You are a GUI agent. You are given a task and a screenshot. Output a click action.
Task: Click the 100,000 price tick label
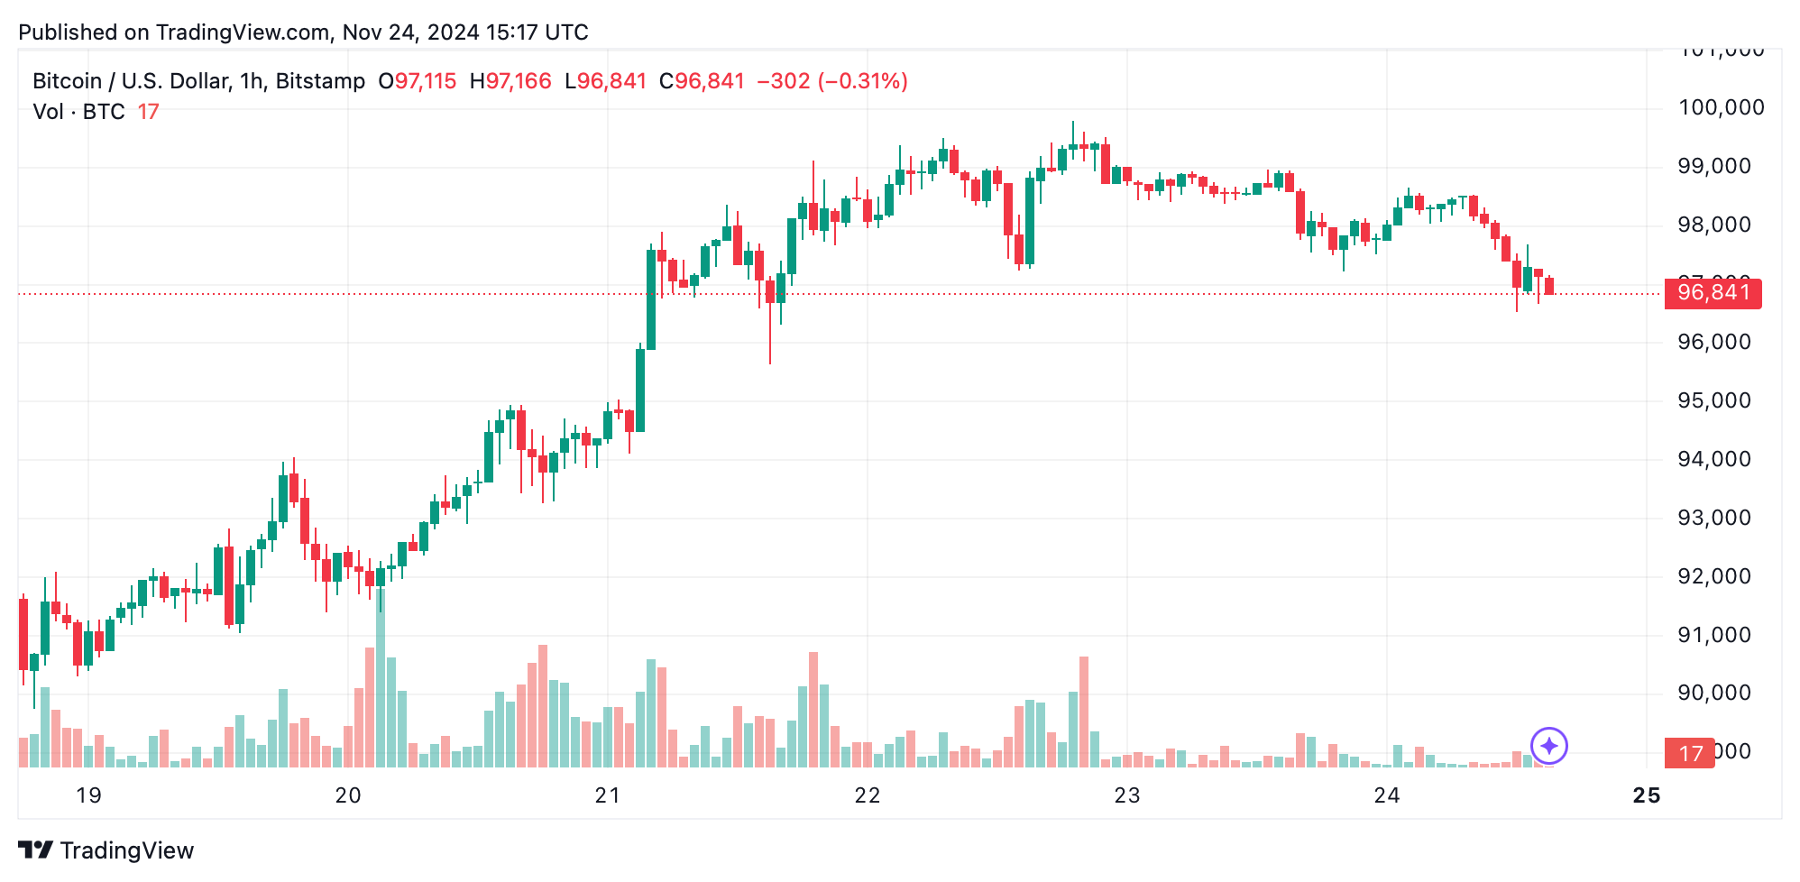[1721, 108]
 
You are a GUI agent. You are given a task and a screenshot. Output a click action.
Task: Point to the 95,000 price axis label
[1713, 401]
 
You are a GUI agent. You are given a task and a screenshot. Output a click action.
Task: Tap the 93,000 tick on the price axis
[1713, 519]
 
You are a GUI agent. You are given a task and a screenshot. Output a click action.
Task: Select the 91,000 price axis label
[1713, 636]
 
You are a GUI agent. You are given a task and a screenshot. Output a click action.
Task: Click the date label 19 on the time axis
[88, 795]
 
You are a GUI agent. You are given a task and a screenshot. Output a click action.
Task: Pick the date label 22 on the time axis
[867, 795]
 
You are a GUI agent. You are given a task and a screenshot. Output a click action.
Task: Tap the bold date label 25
[1646, 795]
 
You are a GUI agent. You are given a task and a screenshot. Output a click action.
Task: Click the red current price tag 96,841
[1713, 293]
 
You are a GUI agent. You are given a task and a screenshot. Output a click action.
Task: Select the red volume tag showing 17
[1690, 753]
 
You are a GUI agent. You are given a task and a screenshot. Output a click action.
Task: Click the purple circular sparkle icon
[1549, 746]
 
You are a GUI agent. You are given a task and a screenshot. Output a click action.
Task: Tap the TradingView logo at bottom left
[106, 850]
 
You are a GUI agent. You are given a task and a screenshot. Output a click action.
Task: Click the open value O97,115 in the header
[418, 81]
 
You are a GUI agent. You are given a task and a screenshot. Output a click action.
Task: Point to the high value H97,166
[510, 81]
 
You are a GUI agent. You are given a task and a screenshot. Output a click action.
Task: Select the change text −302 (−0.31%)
[831, 81]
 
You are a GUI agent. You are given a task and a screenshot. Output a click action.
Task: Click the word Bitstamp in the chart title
[320, 81]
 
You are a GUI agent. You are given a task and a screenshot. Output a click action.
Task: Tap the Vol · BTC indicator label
[78, 112]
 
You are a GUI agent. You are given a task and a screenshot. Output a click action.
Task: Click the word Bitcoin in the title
[67, 81]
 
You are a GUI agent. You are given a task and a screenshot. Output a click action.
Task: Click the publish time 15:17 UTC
[537, 32]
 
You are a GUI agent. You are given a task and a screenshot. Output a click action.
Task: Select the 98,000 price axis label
[1713, 225]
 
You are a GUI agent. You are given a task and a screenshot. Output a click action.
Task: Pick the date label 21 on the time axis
[607, 795]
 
